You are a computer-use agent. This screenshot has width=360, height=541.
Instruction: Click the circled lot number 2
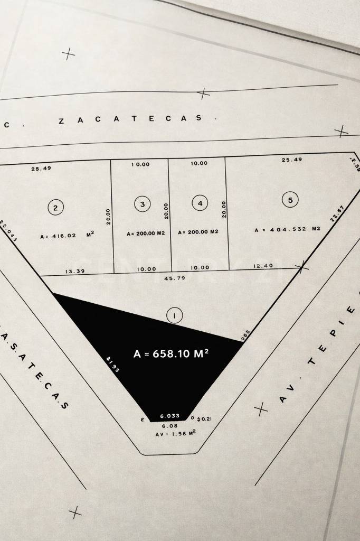[x=55, y=208]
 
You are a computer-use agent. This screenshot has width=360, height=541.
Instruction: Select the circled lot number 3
[x=142, y=203]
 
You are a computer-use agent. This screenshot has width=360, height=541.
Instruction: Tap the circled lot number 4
[x=200, y=203]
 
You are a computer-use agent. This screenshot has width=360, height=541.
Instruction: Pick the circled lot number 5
[x=290, y=200]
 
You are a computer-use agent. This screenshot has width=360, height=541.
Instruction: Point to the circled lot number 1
[x=174, y=315]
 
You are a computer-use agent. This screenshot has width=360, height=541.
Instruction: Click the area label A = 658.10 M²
[x=170, y=353]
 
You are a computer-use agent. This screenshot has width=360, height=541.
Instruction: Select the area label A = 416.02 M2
[x=67, y=236]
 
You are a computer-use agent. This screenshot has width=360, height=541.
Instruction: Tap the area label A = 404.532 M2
[x=287, y=229]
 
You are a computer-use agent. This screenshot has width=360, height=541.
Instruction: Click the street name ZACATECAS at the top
[x=130, y=119]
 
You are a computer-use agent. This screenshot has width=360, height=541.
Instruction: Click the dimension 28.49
[x=41, y=169]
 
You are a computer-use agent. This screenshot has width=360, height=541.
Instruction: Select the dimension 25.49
[x=292, y=160]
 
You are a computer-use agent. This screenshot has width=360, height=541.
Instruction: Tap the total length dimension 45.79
[x=175, y=277]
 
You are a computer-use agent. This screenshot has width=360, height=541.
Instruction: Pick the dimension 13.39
[x=75, y=271]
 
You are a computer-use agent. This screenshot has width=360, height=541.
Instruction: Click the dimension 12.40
[x=263, y=266]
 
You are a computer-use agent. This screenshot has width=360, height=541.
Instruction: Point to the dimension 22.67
[x=337, y=213]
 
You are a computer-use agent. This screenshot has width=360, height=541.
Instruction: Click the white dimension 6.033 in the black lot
[x=169, y=416]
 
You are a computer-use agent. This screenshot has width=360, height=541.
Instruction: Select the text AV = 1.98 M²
[x=175, y=433]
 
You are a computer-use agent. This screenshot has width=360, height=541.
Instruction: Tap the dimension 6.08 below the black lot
[x=169, y=425]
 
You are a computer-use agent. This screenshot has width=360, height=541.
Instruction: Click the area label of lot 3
[x=146, y=232]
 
